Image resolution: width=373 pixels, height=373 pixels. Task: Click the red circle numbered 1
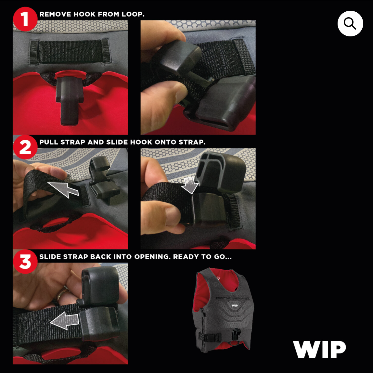tap(25, 19)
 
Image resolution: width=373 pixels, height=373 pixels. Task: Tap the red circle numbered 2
tap(25, 147)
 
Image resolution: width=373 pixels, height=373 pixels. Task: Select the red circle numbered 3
tap(25, 262)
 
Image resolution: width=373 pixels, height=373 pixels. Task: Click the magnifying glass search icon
tap(350, 23)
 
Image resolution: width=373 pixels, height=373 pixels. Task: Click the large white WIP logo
tap(319, 349)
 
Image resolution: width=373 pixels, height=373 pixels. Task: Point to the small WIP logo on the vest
tap(235, 305)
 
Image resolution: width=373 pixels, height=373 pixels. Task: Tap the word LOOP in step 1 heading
tap(133, 14)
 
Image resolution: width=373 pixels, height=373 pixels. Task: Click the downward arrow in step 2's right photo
tap(190, 185)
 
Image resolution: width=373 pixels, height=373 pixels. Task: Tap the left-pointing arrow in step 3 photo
tap(64, 321)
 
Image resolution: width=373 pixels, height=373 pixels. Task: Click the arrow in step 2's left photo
tap(63, 189)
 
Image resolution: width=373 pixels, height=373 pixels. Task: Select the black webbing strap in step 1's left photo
tap(70, 52)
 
